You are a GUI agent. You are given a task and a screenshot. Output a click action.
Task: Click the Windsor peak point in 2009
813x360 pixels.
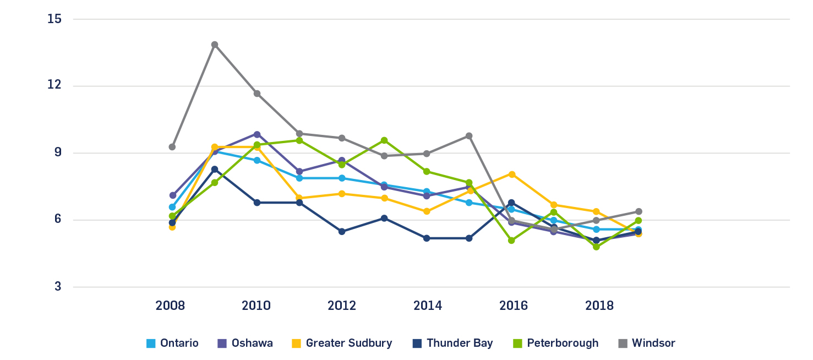coord(215,45)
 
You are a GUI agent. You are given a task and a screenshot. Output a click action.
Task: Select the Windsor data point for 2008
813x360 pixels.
coord(172,147)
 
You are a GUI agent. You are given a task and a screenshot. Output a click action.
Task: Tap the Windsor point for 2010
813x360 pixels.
coord(257,94)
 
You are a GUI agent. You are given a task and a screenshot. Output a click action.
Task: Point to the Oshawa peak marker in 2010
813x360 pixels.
coord(257,134)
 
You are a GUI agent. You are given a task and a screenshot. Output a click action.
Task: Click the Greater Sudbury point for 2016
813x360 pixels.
coord(512,174)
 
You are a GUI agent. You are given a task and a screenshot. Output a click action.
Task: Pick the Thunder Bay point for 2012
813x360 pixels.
coord(342,232)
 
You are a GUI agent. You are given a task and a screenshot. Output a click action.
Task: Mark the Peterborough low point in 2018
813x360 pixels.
coord(596,247)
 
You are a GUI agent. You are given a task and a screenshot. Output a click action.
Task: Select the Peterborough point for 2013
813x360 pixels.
coord(384,140)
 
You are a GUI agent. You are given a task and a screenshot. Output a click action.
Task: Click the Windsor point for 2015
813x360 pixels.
coord(469,136)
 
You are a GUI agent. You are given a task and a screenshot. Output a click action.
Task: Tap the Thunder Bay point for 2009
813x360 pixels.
coord(215,170)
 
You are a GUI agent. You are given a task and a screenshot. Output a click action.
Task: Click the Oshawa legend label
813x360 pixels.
coord(252,343)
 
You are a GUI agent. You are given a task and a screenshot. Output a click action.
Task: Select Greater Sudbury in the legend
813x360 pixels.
coord(348,343)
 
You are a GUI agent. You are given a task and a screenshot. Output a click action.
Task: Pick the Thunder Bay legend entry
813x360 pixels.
coord(459,343)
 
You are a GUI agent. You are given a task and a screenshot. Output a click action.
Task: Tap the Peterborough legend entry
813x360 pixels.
coord(562,343)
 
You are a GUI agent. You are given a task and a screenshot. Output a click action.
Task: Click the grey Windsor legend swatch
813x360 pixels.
coord(623,343)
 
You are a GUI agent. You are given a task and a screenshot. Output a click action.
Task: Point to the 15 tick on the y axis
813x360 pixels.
coord(55,19)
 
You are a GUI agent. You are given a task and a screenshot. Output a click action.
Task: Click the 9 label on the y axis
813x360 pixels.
coord(58,153)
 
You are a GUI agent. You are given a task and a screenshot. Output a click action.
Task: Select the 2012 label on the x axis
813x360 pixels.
coord(342,306)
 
